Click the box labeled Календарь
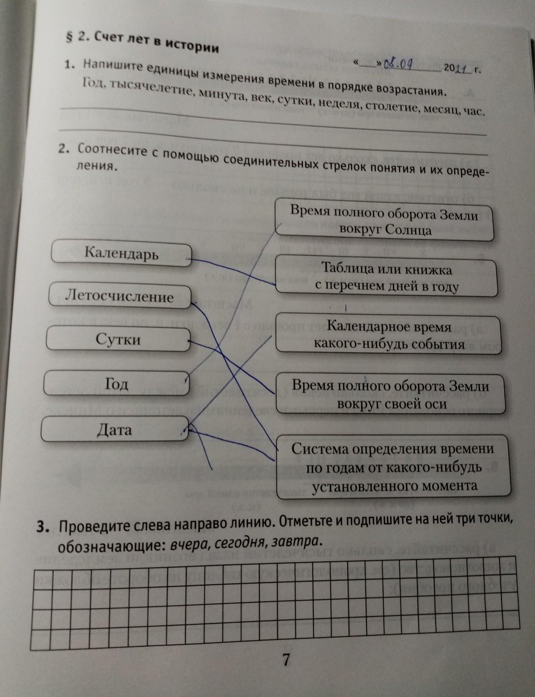121,254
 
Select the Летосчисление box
119,296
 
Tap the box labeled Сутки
118,339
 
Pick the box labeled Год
116,384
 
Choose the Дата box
115,429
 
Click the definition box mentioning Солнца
384,220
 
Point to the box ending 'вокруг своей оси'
391,394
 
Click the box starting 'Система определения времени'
393,467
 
